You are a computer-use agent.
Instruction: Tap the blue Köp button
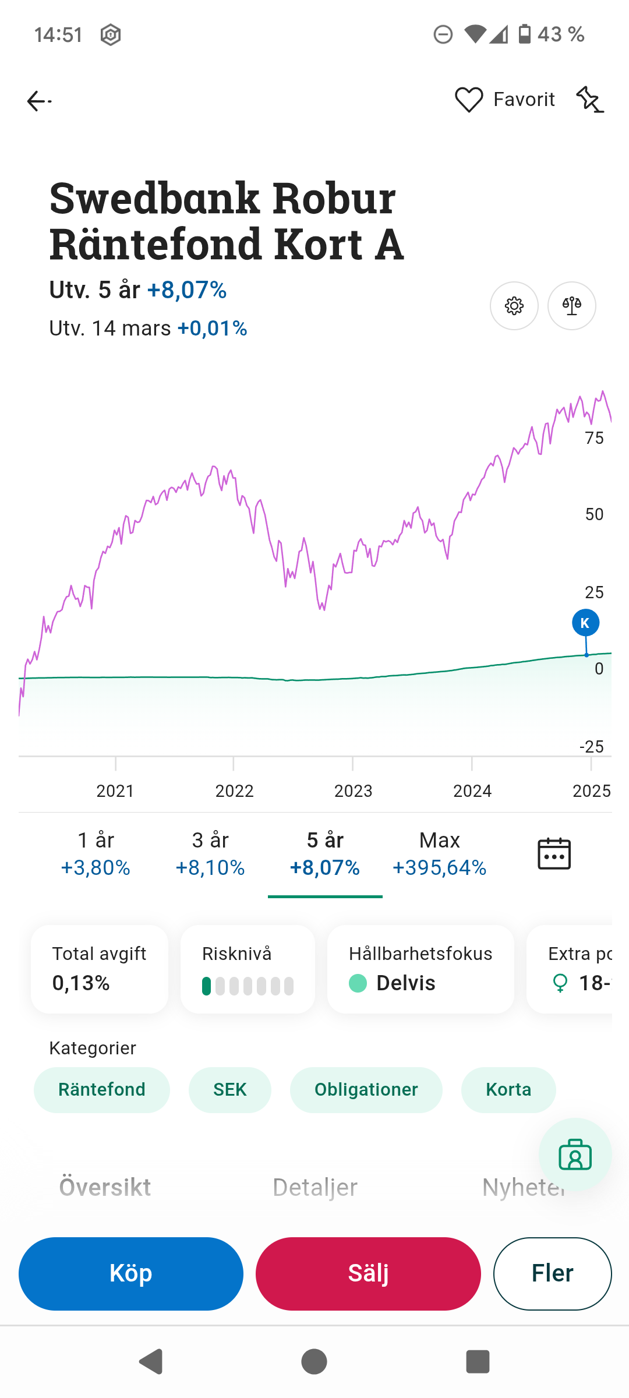[131, 1273]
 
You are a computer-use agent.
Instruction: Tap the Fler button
[552, 1273]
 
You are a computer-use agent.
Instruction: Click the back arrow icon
[39, 101]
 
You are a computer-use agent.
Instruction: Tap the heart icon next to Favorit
[469, 100]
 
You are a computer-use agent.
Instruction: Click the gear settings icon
[514, 306]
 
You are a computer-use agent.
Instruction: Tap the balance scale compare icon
[572, 306]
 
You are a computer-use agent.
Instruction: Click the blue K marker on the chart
[585, 623]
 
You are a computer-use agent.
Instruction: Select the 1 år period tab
[96, 854]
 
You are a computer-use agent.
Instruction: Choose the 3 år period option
[210, 854]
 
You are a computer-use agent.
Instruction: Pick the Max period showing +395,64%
[440, 854]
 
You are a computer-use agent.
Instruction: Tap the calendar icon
[554, 854]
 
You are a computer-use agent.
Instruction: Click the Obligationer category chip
[366, 1090]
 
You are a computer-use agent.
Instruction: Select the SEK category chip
[230, 1090]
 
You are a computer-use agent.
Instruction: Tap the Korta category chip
[508, 1090]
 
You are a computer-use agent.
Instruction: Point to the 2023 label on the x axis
[353, 791]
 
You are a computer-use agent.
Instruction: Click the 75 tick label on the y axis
[595, 438]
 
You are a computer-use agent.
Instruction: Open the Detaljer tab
[315, 1187]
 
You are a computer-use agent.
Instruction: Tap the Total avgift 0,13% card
[100, 969]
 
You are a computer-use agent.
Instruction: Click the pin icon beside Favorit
[590, 100]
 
